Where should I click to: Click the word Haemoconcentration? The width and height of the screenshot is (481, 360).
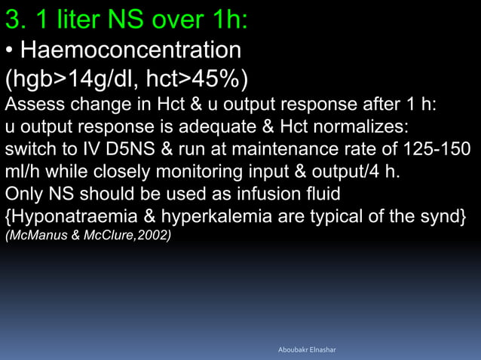[x=130, y=50]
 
